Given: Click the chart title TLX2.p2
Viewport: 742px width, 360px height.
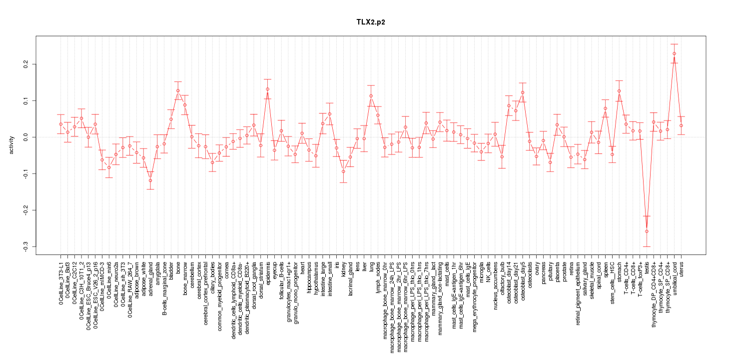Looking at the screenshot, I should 371,22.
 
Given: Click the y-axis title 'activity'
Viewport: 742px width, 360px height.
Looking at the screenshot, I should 11,145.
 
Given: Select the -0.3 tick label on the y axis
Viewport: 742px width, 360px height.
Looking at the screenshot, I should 25,246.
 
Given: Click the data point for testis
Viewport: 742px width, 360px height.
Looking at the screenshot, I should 647,231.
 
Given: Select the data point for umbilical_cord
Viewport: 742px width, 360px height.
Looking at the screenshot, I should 674,53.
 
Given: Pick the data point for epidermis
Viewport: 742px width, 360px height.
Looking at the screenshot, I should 267,89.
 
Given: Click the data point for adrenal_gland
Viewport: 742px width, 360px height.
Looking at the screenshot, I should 150,180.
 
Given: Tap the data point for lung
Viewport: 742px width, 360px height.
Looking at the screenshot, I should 371,96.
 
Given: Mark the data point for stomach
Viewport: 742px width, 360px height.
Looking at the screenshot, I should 619,91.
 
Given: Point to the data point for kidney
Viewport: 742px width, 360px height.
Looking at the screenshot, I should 343,171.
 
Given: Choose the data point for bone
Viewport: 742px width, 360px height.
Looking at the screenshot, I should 178,90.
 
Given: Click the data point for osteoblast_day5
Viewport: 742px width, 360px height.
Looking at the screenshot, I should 523,92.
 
